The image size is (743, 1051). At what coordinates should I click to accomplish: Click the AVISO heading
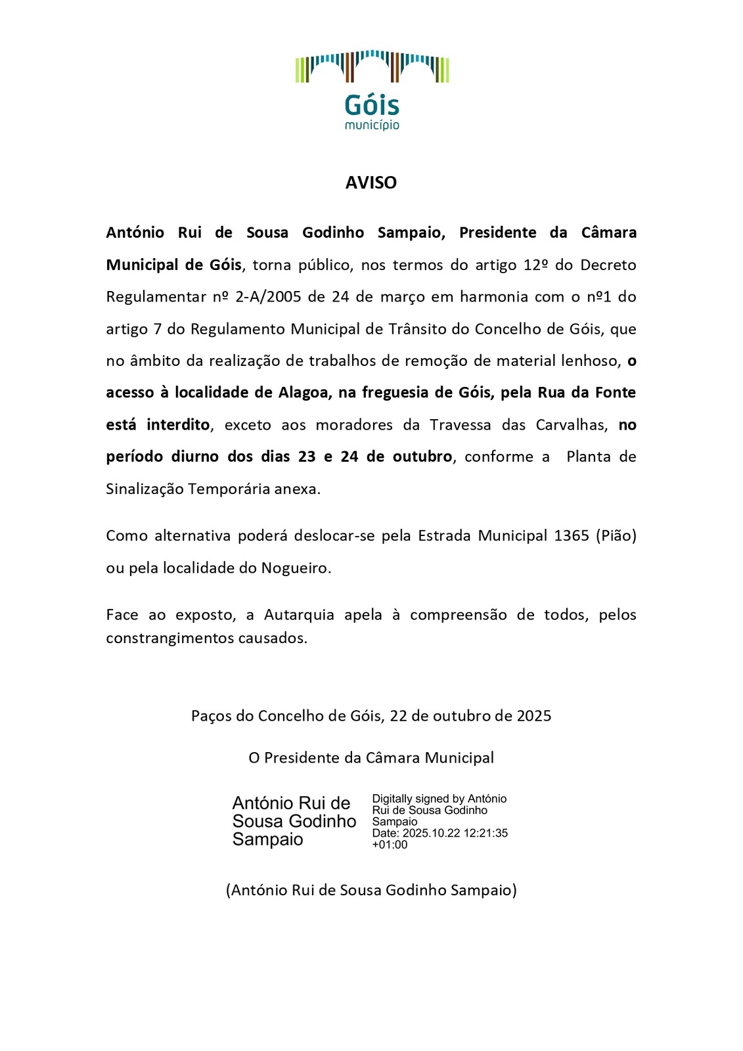(371, 183)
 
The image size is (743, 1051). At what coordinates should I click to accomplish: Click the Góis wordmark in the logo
(372, 105)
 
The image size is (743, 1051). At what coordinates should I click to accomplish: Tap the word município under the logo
(372, 125)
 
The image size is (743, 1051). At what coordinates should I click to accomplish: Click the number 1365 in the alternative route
(571, 536)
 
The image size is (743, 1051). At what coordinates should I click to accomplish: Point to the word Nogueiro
(295, 568)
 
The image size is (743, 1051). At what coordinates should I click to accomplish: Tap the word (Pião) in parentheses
(616, 536)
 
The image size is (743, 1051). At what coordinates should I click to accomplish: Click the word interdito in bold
(178, 425)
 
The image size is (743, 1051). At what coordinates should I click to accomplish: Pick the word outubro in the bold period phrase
(422, 457)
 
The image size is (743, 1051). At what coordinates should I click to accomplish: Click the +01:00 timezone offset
(390, 845)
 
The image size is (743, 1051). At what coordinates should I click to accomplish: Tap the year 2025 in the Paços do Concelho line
(534, 716)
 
